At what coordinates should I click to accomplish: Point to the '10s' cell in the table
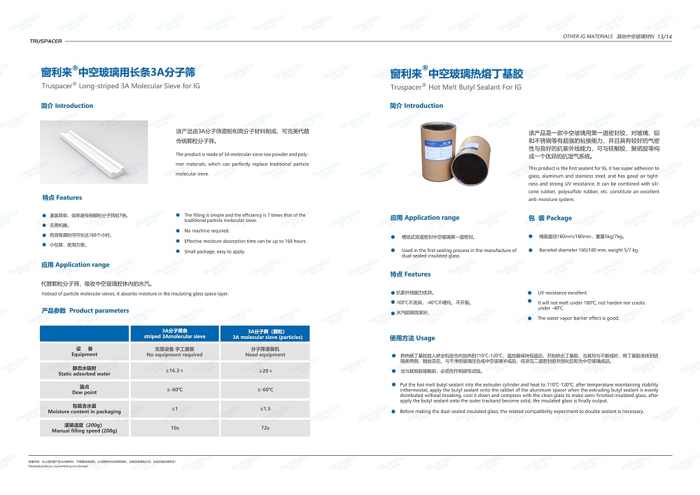174,427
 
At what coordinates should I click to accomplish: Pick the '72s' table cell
265,427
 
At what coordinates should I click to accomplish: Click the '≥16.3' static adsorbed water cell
174,370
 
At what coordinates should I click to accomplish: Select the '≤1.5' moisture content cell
265,408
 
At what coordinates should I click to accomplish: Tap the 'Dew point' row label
84,389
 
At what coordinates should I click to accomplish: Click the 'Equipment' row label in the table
84,351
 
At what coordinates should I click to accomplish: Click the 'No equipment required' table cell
174,351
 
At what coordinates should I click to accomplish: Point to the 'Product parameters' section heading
85,310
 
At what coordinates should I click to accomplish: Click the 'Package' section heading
550,218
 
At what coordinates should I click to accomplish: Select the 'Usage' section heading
412,338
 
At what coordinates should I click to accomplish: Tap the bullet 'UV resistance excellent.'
562,293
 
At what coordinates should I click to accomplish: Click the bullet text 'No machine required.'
206,230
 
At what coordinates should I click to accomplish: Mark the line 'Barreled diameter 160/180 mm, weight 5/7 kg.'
588,250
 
